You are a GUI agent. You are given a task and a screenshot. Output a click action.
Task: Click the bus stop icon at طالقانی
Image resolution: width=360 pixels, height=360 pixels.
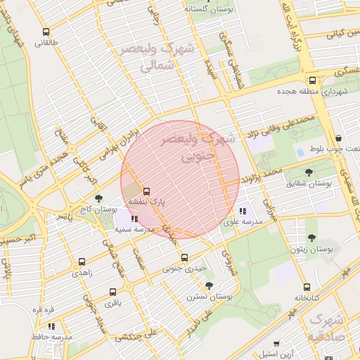click(46, 32)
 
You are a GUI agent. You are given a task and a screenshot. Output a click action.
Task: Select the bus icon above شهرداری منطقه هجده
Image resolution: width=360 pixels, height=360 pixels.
click(312, 80)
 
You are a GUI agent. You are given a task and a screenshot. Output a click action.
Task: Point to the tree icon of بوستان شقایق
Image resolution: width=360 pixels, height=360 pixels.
click(309, 172)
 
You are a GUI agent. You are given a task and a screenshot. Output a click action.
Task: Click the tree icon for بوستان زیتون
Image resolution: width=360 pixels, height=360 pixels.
click(311, 238)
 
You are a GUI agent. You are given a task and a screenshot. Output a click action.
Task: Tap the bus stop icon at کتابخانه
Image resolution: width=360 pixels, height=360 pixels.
click(307, 287)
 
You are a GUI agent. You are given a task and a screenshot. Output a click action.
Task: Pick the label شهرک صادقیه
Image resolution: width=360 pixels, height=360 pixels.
click(326, 328)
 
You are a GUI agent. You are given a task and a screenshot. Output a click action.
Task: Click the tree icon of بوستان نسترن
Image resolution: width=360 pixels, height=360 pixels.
click(209, 285)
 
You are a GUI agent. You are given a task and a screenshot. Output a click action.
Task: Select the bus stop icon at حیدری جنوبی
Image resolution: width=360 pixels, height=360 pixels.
click(184, 257)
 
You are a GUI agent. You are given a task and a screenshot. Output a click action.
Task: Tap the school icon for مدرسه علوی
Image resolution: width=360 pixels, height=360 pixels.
click(243, 211)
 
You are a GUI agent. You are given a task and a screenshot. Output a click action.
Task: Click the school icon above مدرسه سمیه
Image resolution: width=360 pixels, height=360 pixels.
click(134, 219)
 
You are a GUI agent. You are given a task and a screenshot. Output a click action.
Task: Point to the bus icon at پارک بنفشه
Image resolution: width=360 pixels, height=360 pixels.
click(146, 191)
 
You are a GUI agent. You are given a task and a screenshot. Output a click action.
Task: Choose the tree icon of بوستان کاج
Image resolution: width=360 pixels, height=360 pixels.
click(98, 198)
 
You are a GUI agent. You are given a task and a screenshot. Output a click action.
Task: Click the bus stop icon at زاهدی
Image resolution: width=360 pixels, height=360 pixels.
click(82, 262)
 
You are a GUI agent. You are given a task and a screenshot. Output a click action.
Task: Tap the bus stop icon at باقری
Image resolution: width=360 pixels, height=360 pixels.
click(112, 292)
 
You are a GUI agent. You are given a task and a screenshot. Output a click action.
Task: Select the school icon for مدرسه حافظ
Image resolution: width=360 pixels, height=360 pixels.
click(51, 326)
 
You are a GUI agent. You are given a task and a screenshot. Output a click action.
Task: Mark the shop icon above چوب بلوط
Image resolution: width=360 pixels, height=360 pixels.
click(339, 138)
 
